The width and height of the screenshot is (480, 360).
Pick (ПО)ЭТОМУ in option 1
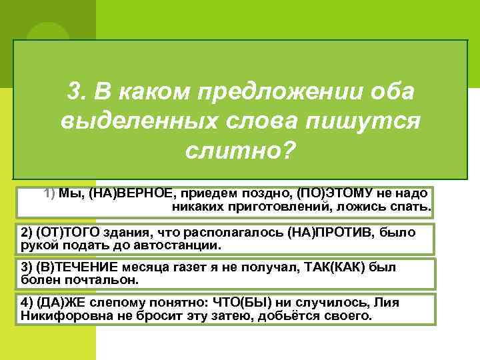tap(327, 193)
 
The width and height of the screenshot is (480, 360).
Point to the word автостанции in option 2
tap(180, 245)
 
